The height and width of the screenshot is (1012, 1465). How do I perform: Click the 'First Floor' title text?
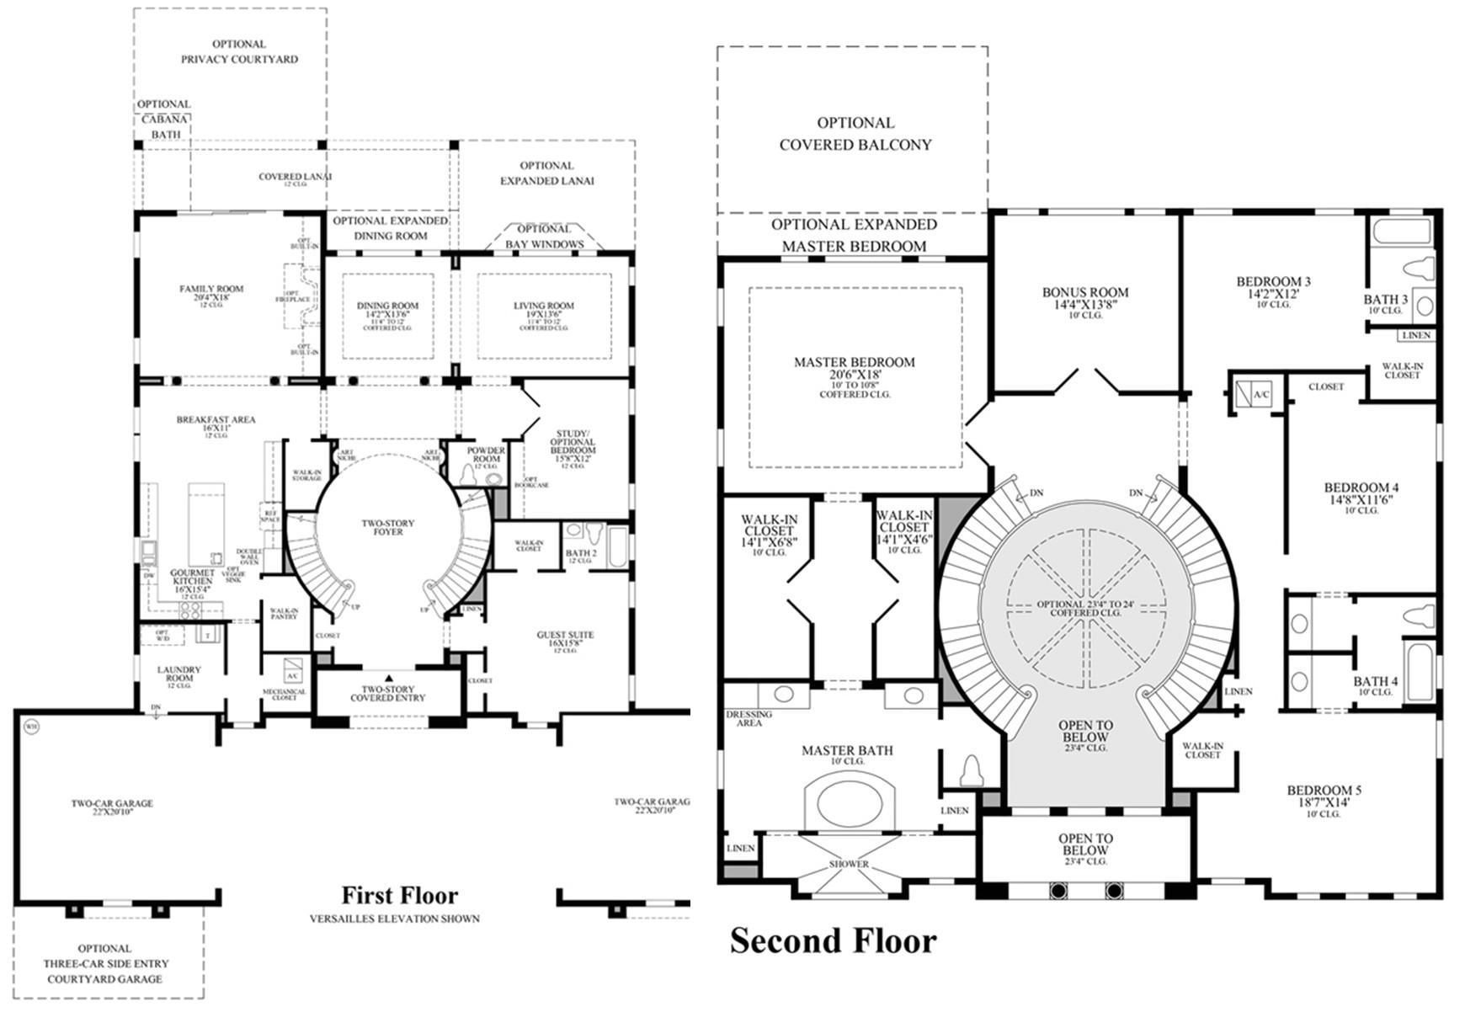pyautogui.click(x=399, y=895)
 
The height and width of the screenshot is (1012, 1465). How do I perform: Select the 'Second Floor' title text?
pyautogui.click(x=832, y=940)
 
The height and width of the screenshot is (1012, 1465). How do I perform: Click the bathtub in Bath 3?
pyautogui.click(x=1400, y=232)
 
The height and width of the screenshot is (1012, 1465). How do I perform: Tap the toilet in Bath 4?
pyautogui.click(x=1420, y=616)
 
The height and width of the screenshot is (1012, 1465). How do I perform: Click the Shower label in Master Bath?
pyautogui.click(x=848, y=864)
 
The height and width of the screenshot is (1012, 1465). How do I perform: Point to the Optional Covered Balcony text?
pyautogui.click(x=855, y=134)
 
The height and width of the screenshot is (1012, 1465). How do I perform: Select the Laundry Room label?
pyautogui.click(x=179, y=674)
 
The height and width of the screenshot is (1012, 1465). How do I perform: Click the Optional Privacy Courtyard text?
pyautogui.click(x=239, y=51)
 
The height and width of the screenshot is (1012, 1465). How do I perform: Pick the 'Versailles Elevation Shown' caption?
pyautogui.click(x=394, y=919)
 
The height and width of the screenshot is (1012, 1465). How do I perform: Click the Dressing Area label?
pyautogui.click(x=748, y=718)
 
